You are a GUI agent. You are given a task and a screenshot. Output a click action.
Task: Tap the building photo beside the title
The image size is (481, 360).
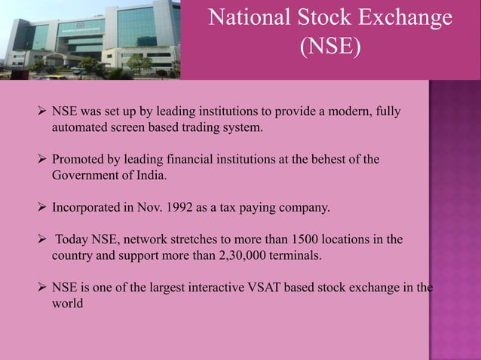point(90,39)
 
